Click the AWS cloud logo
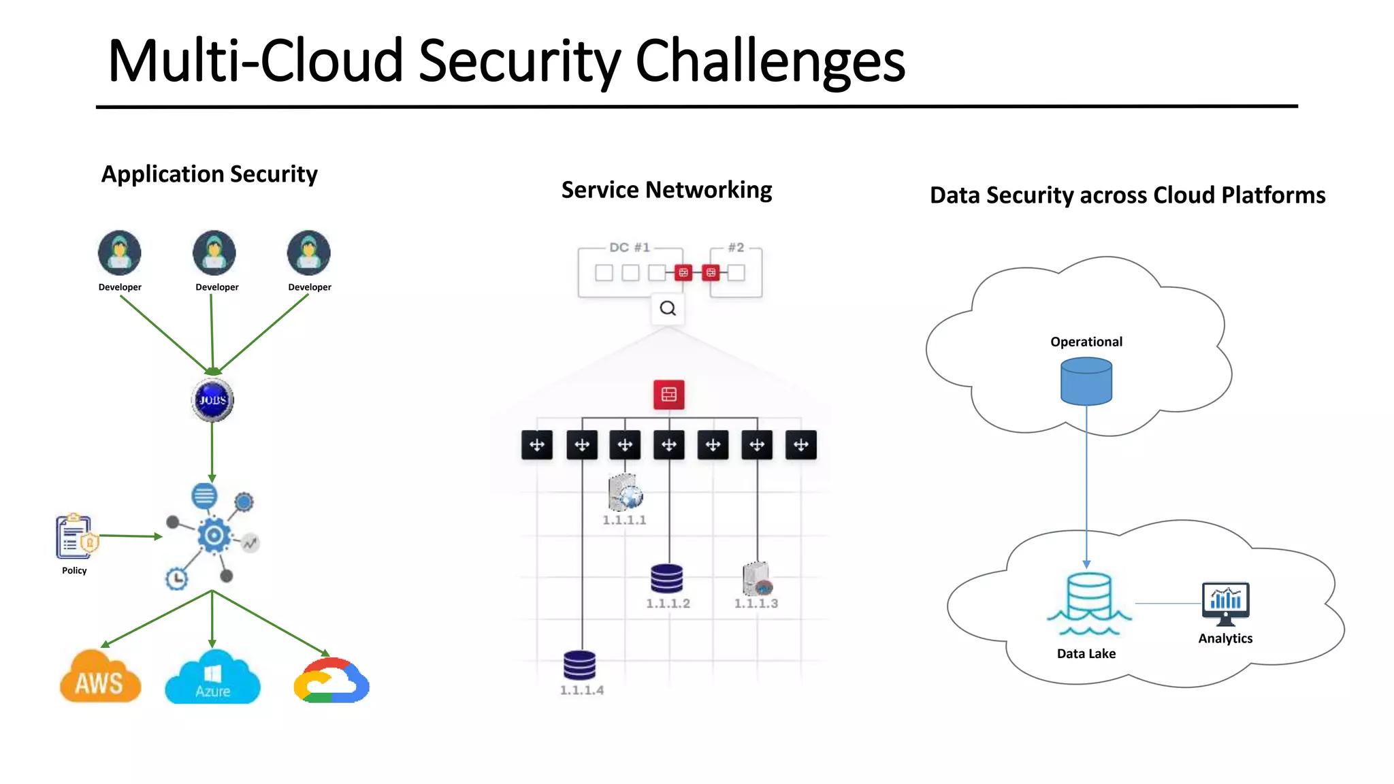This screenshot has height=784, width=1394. (100, 678)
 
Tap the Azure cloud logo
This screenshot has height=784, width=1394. (212, 679)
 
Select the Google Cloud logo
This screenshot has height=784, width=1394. (331, 681)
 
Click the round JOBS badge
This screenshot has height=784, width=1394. (212, 400)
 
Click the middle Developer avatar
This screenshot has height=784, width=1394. (214, 252)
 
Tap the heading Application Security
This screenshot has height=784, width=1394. (209, 174)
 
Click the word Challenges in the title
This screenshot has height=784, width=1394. (769, 61)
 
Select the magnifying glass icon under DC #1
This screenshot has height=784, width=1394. (668, 308)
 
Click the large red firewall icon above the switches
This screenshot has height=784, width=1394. (668, 395)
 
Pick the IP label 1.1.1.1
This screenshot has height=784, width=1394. (624, 520)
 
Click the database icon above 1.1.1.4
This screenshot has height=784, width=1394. (580, 665)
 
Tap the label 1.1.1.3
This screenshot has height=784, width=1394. (756, 604)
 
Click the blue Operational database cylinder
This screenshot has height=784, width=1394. (1086, 382)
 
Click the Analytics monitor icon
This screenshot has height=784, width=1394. (1225, 603)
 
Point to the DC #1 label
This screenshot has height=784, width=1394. (629, 247)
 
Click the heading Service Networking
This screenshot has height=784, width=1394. (666, 190)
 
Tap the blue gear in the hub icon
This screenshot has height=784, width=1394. (214, 536)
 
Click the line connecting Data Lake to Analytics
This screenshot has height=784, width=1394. (1168, 604)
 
